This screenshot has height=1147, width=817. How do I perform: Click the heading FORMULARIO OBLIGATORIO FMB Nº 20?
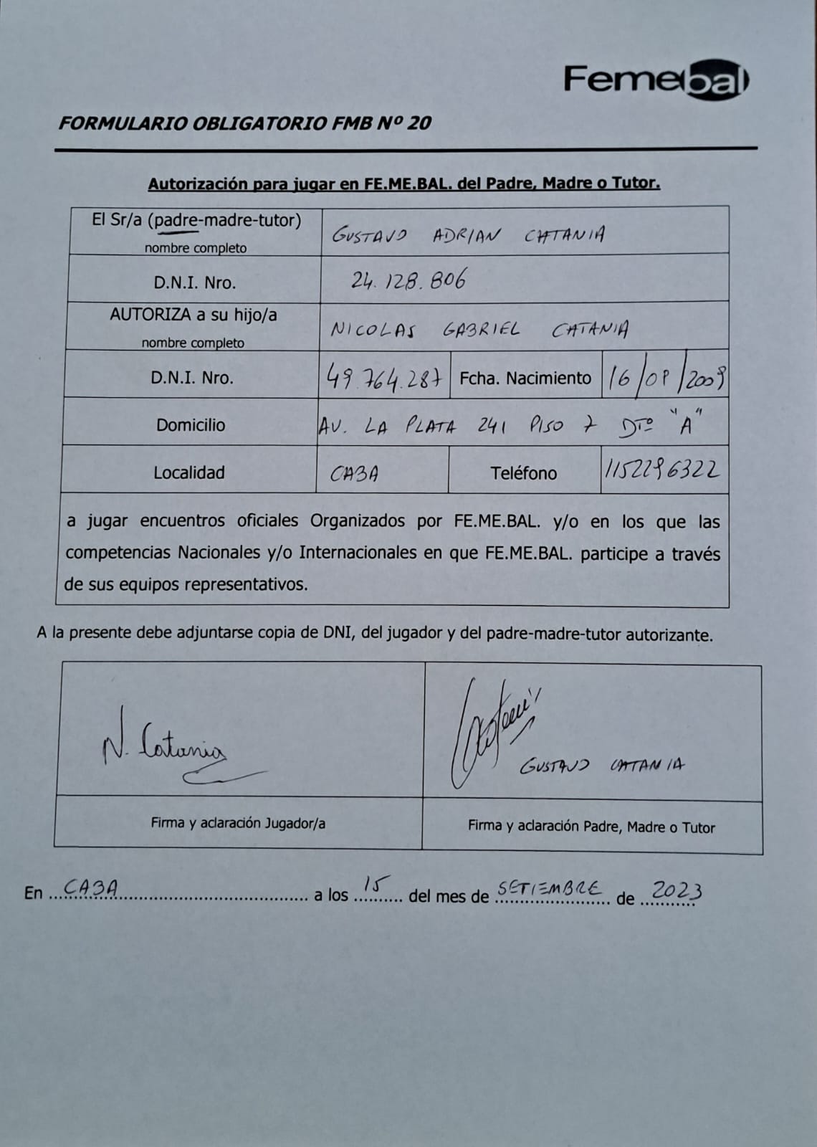(x=244, y=123)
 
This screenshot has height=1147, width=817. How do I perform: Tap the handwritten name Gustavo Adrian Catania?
(x=467, y=235)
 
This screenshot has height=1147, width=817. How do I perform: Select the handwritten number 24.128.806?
(x=408, y=280)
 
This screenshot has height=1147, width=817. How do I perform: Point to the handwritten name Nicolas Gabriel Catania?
(x=479, y=330)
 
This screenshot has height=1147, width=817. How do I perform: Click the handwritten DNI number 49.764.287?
(x=383, y=376)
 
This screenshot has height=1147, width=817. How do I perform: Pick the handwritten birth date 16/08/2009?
(x=665, y=376)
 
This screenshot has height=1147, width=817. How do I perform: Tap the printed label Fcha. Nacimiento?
(x=525, y=378)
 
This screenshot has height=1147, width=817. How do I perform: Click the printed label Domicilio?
(x=191, y=425)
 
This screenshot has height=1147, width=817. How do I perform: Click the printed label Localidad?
(x=189, y=472)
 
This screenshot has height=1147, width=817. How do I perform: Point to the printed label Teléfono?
(x=524, y=473)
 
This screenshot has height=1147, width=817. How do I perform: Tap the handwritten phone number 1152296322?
(x=662, y=470)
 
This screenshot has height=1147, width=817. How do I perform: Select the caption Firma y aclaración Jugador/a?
(x=238, y=823)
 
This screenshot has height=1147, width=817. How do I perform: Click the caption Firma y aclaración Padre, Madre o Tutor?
(x=591, y=827)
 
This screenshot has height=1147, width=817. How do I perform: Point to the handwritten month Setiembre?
(x=550, y=888)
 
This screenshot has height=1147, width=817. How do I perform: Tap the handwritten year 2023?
(x=676, y=890)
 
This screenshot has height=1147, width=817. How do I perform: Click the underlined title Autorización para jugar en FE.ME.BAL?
(x=404, y=184)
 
